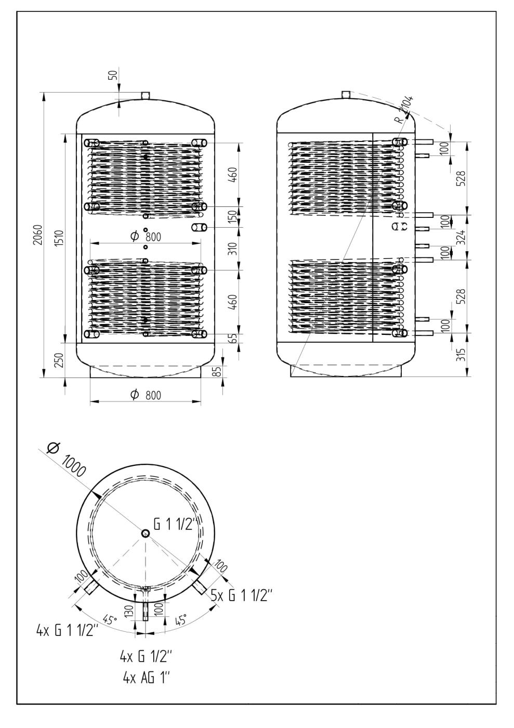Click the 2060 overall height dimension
coord(38,235)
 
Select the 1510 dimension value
coord(59,238)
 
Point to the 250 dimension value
coord(59,360)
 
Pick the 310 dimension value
coord(233,249)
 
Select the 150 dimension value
coord(233,217)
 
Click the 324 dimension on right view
coord(462,237)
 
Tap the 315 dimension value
coord(462,354)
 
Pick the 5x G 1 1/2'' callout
coord(241,596)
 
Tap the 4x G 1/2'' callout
coord(145,657)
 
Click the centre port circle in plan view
coord(145,534)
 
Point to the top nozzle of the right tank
coord(346,95)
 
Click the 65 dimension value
coord(233,339)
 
